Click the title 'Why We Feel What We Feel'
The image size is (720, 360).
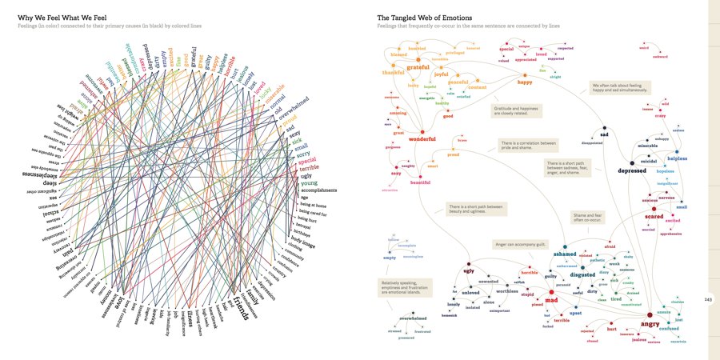pos(63,17)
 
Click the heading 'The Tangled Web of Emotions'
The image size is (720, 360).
pos(424,17)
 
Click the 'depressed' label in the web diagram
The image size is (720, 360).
pos(632,170)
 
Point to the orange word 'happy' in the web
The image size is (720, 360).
pos(524,82)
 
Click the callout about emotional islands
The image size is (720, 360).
pos(404,288)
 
